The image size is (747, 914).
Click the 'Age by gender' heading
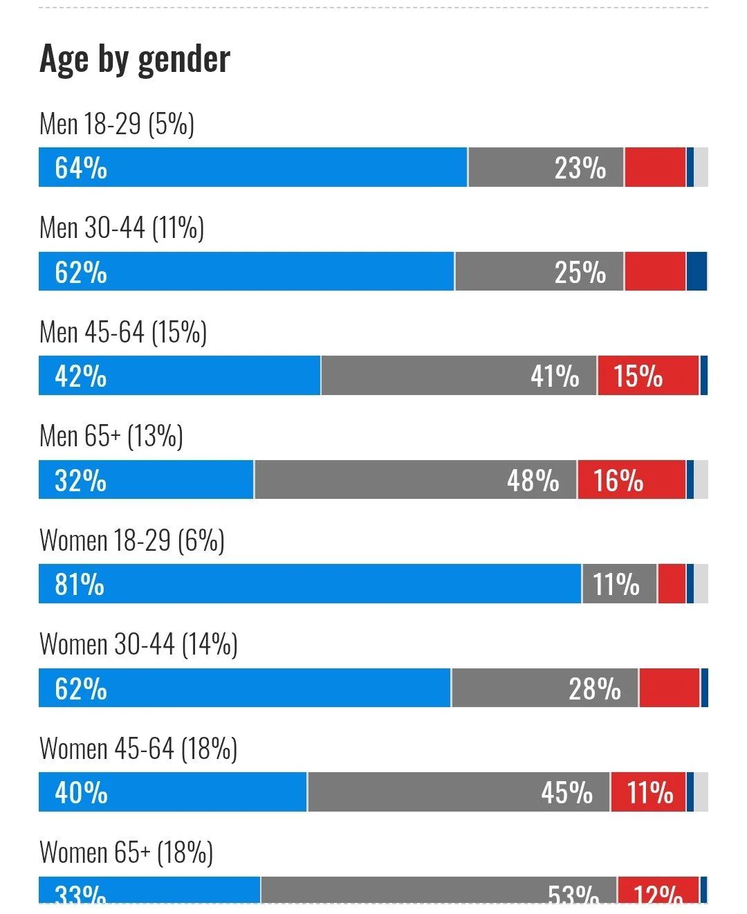(x=135, y=59)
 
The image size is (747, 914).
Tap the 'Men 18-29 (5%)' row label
(x=117, y=124)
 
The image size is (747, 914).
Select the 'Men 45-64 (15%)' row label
(x=123, y=332)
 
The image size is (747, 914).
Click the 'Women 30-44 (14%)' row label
(x=138, y=644)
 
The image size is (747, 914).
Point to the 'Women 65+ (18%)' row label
(x=126, y=852)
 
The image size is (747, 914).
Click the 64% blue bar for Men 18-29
(x=253, y=167)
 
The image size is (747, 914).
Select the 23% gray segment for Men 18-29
(x=546, y=167)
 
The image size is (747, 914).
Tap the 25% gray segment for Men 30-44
(x=539, y=271)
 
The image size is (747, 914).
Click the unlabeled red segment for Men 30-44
(x=655, y=271)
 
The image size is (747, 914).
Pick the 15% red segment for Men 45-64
(x=648, y=376)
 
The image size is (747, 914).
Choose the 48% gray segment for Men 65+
(x=416, y=479)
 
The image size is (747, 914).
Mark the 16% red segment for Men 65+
(x=631, y=479)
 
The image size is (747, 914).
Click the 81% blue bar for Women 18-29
(x=310, y=584)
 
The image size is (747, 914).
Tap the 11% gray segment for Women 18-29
(x=619, y=584)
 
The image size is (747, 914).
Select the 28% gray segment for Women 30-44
(x=544, y=688)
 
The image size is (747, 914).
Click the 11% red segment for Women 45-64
(x=648, y=792)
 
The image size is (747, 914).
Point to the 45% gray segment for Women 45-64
(x=459, y=792)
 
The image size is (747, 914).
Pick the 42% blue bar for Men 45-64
(x=180, y=376)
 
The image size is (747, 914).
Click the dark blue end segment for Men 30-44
(x=697, y=271)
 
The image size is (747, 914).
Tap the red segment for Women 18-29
(x=672, y=584)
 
